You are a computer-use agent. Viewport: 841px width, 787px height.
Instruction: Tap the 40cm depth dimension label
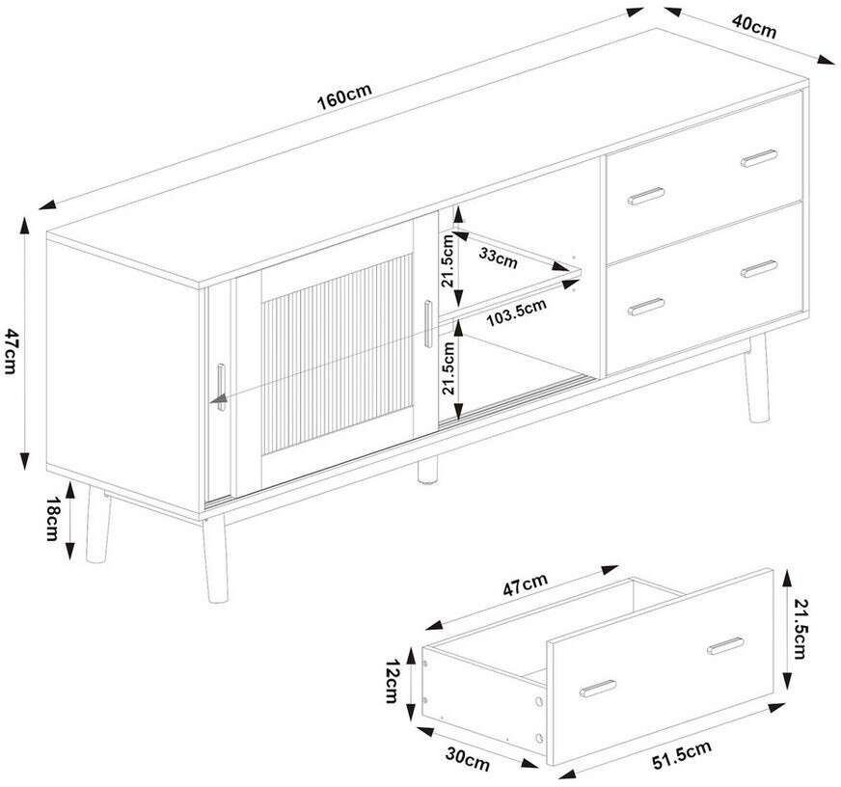(754, 26)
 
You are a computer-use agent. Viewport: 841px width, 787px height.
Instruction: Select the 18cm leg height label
(52, 518)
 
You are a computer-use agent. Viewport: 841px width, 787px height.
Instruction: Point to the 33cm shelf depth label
(499, 258)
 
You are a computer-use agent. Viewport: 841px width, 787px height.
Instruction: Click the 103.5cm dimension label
(517, 312)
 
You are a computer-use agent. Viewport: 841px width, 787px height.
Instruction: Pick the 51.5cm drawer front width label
(682, 755)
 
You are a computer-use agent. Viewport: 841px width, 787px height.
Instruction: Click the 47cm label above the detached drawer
(525, 584)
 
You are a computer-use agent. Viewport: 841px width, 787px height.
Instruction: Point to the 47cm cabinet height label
(12, 351)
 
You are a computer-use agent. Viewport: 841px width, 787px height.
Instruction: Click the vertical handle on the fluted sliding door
(427, 324)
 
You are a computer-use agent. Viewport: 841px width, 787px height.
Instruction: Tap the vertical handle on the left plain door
(222, 387)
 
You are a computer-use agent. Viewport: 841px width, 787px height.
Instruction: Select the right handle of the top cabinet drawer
(759, 158)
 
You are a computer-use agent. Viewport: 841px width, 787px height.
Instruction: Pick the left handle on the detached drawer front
(598, 689)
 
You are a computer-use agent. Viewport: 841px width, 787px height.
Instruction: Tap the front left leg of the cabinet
(215, 557)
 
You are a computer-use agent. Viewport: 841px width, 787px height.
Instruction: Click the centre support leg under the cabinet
(427, 471)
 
